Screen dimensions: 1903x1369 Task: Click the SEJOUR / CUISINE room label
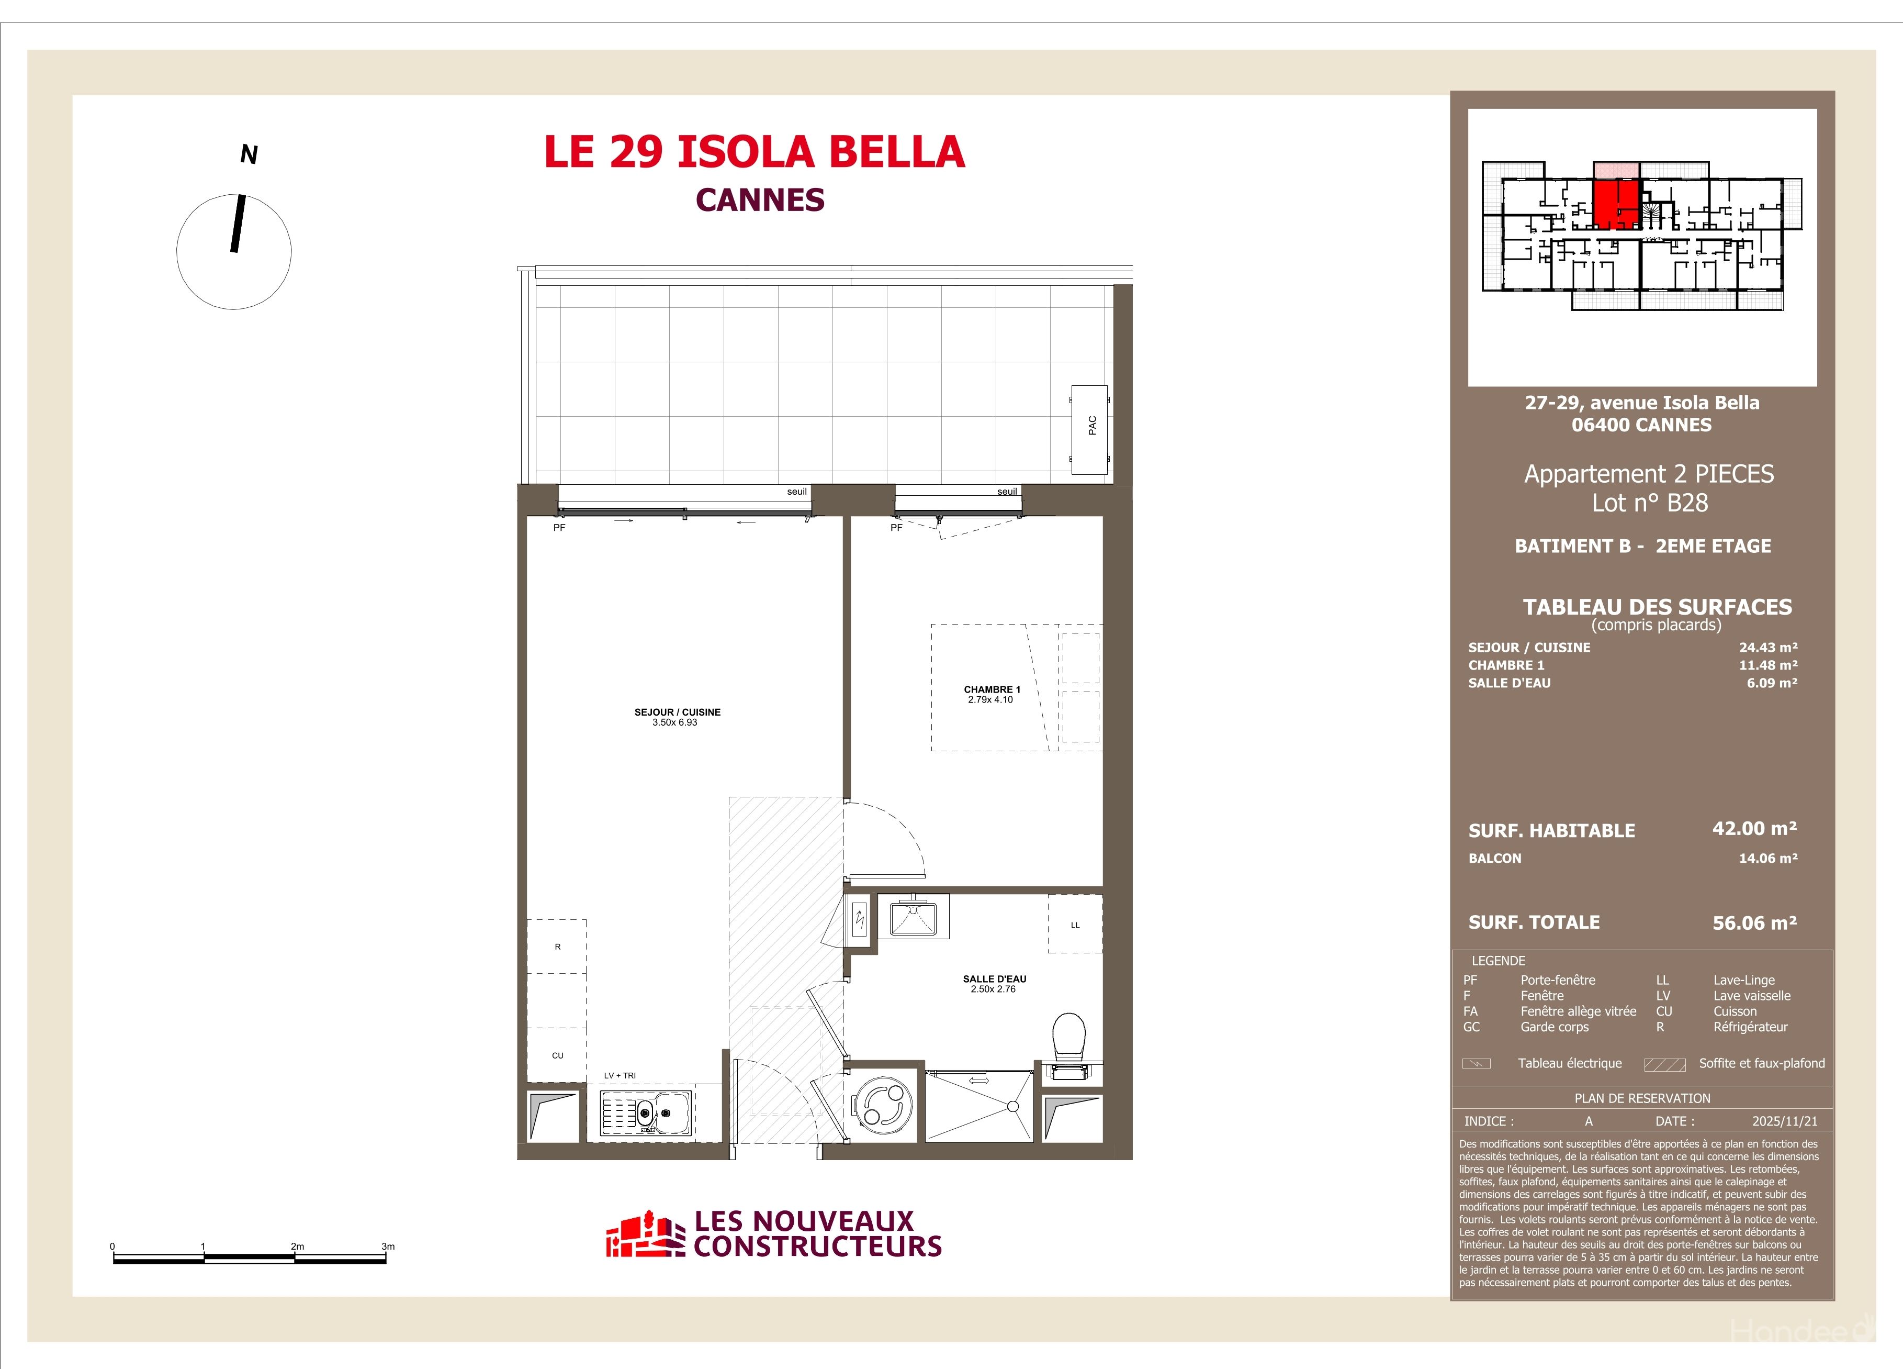click(677, 712)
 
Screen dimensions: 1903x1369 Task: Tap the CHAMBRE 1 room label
click(992, 689)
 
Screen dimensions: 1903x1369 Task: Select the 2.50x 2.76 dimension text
click(994, 989)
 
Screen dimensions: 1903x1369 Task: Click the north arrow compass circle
click(234, 252)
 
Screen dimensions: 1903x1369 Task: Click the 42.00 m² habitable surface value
click(1754, 828)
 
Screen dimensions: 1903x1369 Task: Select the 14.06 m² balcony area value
click(1768, 858)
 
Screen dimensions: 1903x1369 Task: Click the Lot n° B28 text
click(1650, 503)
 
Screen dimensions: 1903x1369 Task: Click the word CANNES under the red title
click(760, 200)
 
